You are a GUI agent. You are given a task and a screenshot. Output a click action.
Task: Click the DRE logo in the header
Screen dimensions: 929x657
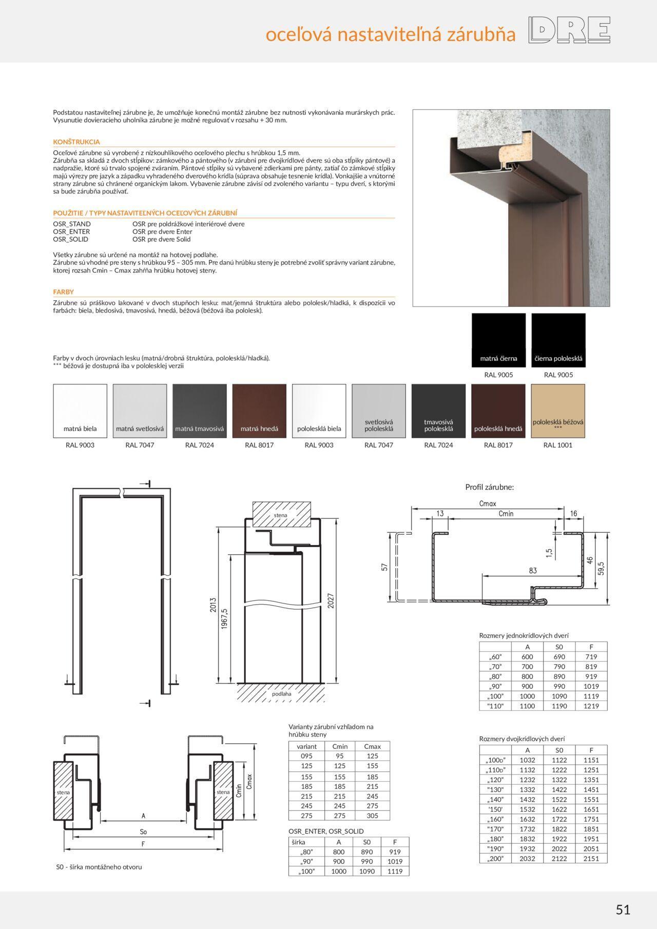(570, 31)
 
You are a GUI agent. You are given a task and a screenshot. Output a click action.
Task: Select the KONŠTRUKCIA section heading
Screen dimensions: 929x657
(76, 142)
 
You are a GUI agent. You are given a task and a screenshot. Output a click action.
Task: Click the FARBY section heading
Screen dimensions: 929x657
(64, 292)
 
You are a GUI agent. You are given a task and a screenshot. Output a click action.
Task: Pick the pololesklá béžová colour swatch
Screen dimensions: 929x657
(558, 411)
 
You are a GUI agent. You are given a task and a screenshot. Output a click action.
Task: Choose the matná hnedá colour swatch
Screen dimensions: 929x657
(259, 411)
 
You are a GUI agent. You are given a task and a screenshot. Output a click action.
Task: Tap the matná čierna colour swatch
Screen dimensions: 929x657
(498, 340)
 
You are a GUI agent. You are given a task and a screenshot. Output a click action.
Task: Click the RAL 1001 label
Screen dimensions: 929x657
(558, 445)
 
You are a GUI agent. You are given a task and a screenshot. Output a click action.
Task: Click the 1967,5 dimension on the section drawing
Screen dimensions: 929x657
(224, 618)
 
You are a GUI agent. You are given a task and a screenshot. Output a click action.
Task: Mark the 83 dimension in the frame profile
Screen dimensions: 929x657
(532, 570)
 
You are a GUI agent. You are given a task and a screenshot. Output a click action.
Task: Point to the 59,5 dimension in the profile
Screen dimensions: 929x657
(602, 567)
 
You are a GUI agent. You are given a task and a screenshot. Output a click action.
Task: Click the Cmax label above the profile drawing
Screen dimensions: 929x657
(487, 504)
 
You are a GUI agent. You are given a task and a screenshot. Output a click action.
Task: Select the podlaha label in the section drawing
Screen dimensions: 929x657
(282, 693)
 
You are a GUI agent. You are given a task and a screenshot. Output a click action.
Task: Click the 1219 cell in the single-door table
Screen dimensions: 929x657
(591, 706)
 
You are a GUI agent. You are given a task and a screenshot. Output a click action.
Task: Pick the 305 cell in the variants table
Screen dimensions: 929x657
(372, 816)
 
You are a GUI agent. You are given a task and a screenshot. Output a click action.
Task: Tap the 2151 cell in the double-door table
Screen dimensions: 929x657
(591, 858)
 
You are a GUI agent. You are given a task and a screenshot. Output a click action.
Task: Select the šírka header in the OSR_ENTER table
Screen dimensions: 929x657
(298, 842)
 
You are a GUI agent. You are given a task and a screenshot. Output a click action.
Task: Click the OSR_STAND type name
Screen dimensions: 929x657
(72, 224)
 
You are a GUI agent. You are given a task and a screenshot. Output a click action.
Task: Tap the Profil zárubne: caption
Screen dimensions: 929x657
(489, 487)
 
